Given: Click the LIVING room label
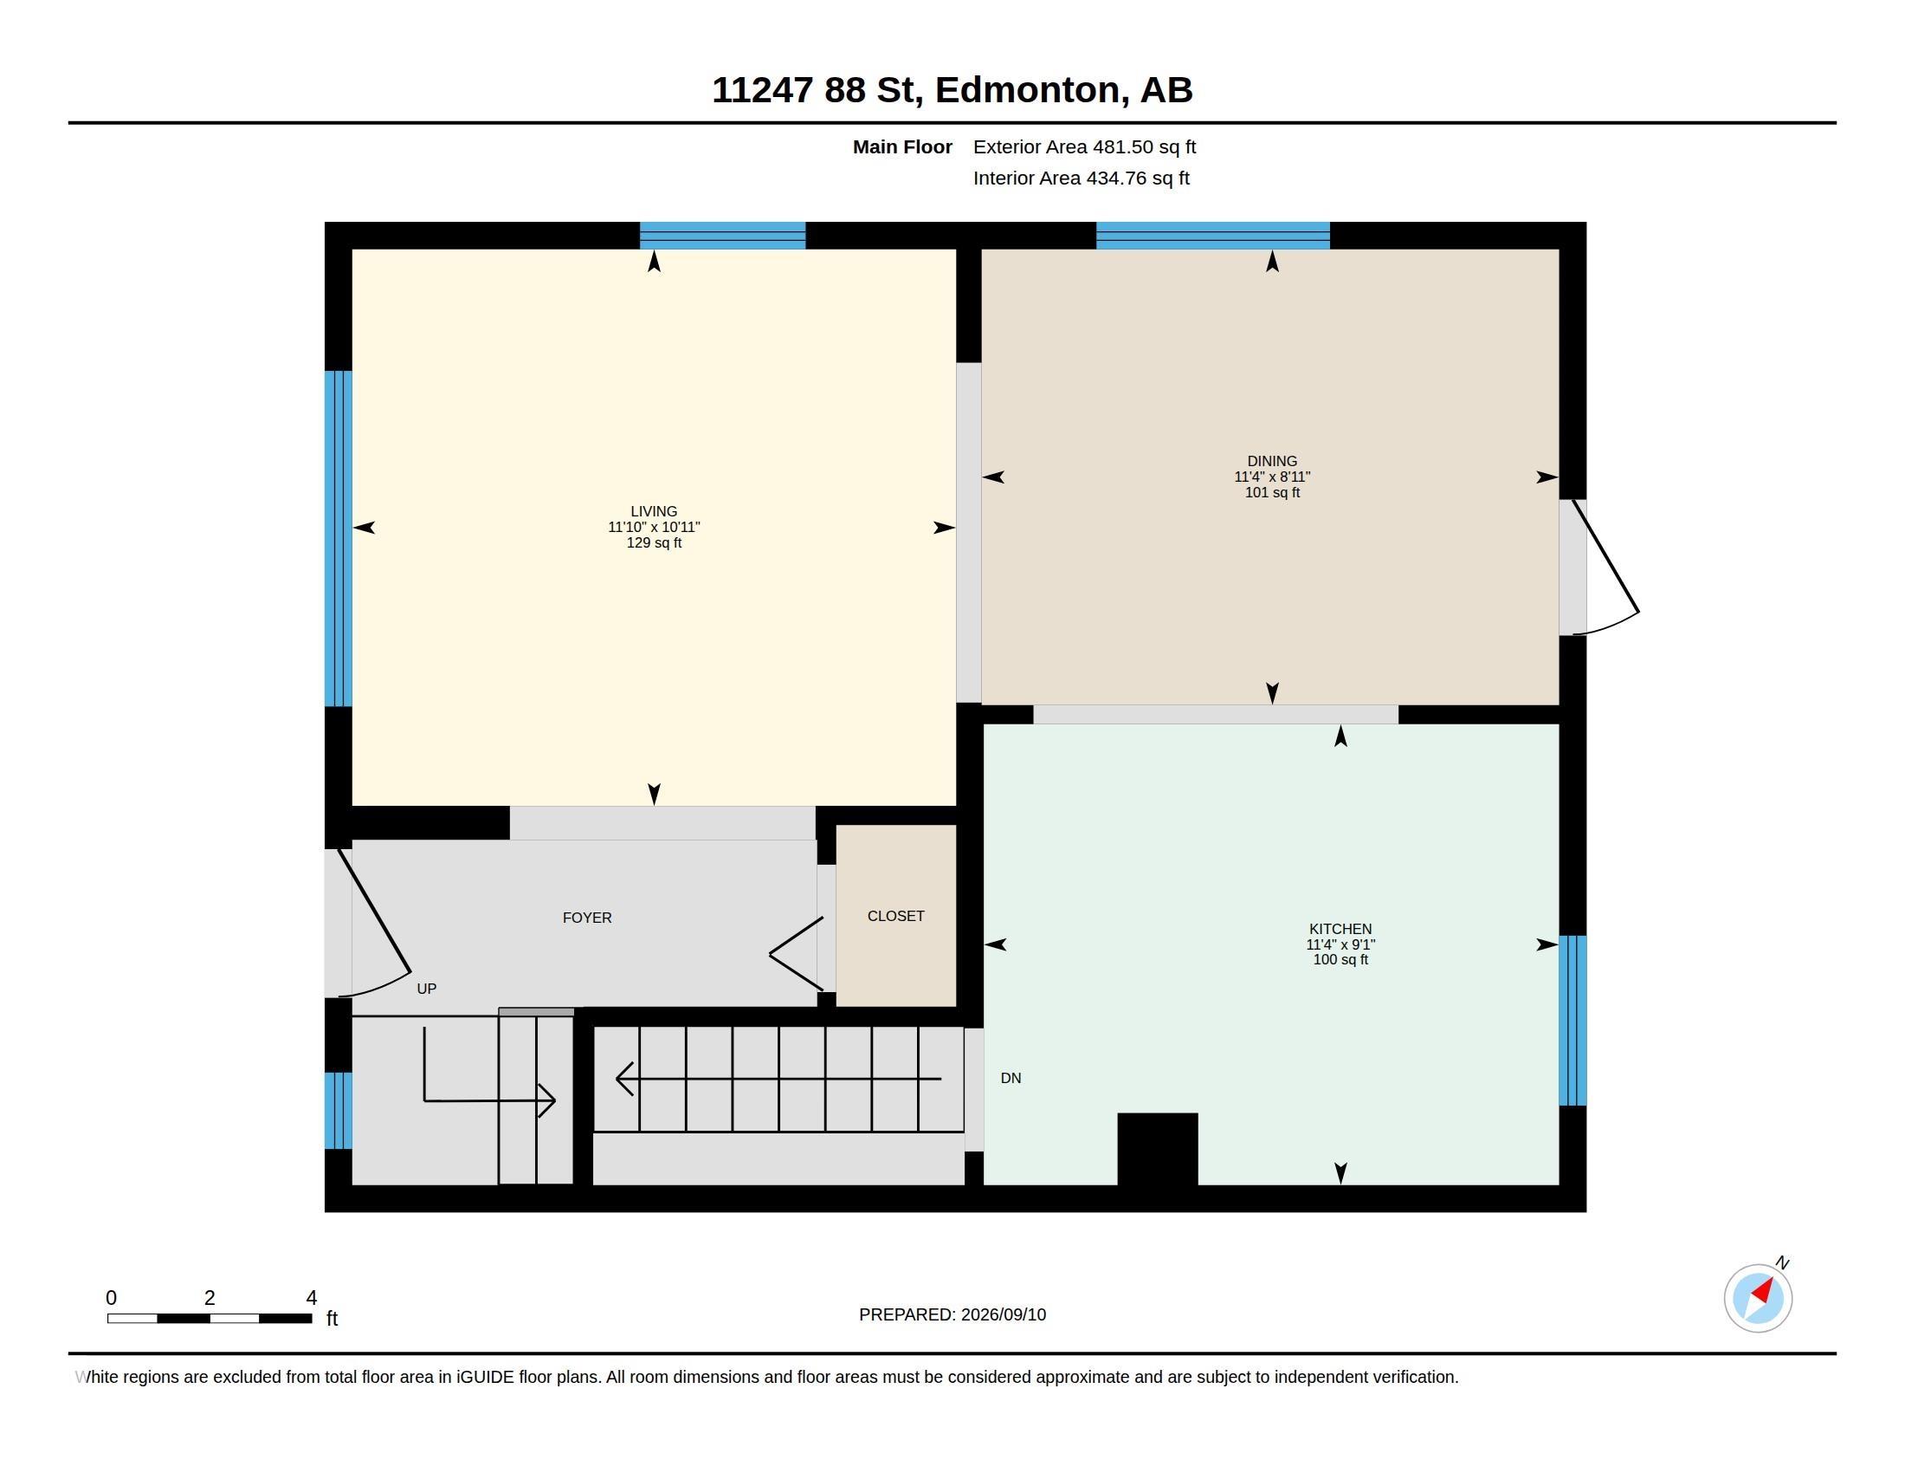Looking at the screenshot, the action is pos(653,511).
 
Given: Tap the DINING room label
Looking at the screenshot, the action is pos(1272,461).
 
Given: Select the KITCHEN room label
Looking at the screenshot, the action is pos(1340,929).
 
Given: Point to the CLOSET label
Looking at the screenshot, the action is pos(896,915).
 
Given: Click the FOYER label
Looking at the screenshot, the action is pos(587,917).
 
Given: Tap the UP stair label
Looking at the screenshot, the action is pos(427,989).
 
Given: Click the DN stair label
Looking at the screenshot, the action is pos(1011,1078).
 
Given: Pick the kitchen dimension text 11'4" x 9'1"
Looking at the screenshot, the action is pos(1340,944).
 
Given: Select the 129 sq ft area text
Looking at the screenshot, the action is pos(653,542).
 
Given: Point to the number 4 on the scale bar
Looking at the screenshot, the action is pos(312,1298).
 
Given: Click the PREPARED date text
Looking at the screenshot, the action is pos(952,1314).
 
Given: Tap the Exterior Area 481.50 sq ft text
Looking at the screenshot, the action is pos(1084,146).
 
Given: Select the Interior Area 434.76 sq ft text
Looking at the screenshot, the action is pos(1081,178).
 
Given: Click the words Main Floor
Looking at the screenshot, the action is pos(902,146).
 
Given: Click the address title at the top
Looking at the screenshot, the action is pos(952,90).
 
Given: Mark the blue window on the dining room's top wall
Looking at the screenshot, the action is pos(1212,236).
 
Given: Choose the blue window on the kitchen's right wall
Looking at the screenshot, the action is pos(1572,1021).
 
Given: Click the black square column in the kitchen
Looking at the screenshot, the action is pos(1157,1149).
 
